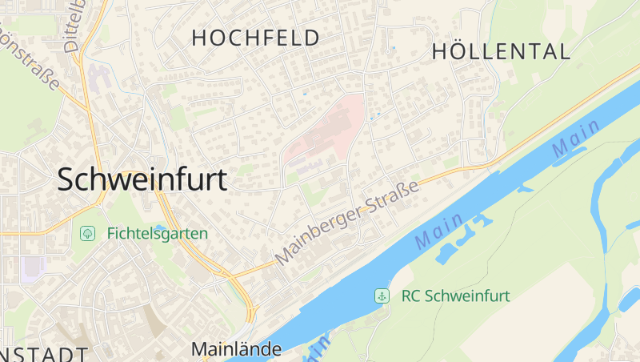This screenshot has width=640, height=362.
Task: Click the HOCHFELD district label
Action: (255, 38)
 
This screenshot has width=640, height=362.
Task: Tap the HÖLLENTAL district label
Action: (501, 52)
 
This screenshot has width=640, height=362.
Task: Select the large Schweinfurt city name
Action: (142, 179)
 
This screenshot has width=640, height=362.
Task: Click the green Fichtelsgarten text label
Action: (157, 234)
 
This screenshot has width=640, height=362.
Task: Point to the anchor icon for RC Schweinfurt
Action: (382, 296)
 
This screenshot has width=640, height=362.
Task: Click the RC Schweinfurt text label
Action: (455, 296)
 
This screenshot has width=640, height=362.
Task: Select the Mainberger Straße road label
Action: (348, 223)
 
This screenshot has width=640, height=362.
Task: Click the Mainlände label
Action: (236, 349)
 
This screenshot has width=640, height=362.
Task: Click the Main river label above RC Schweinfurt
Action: (439, 231)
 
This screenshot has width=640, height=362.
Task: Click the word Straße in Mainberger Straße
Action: (393, 199)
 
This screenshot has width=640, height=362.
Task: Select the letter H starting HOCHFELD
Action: (199, 38)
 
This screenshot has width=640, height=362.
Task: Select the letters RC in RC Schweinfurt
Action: (410, 296)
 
